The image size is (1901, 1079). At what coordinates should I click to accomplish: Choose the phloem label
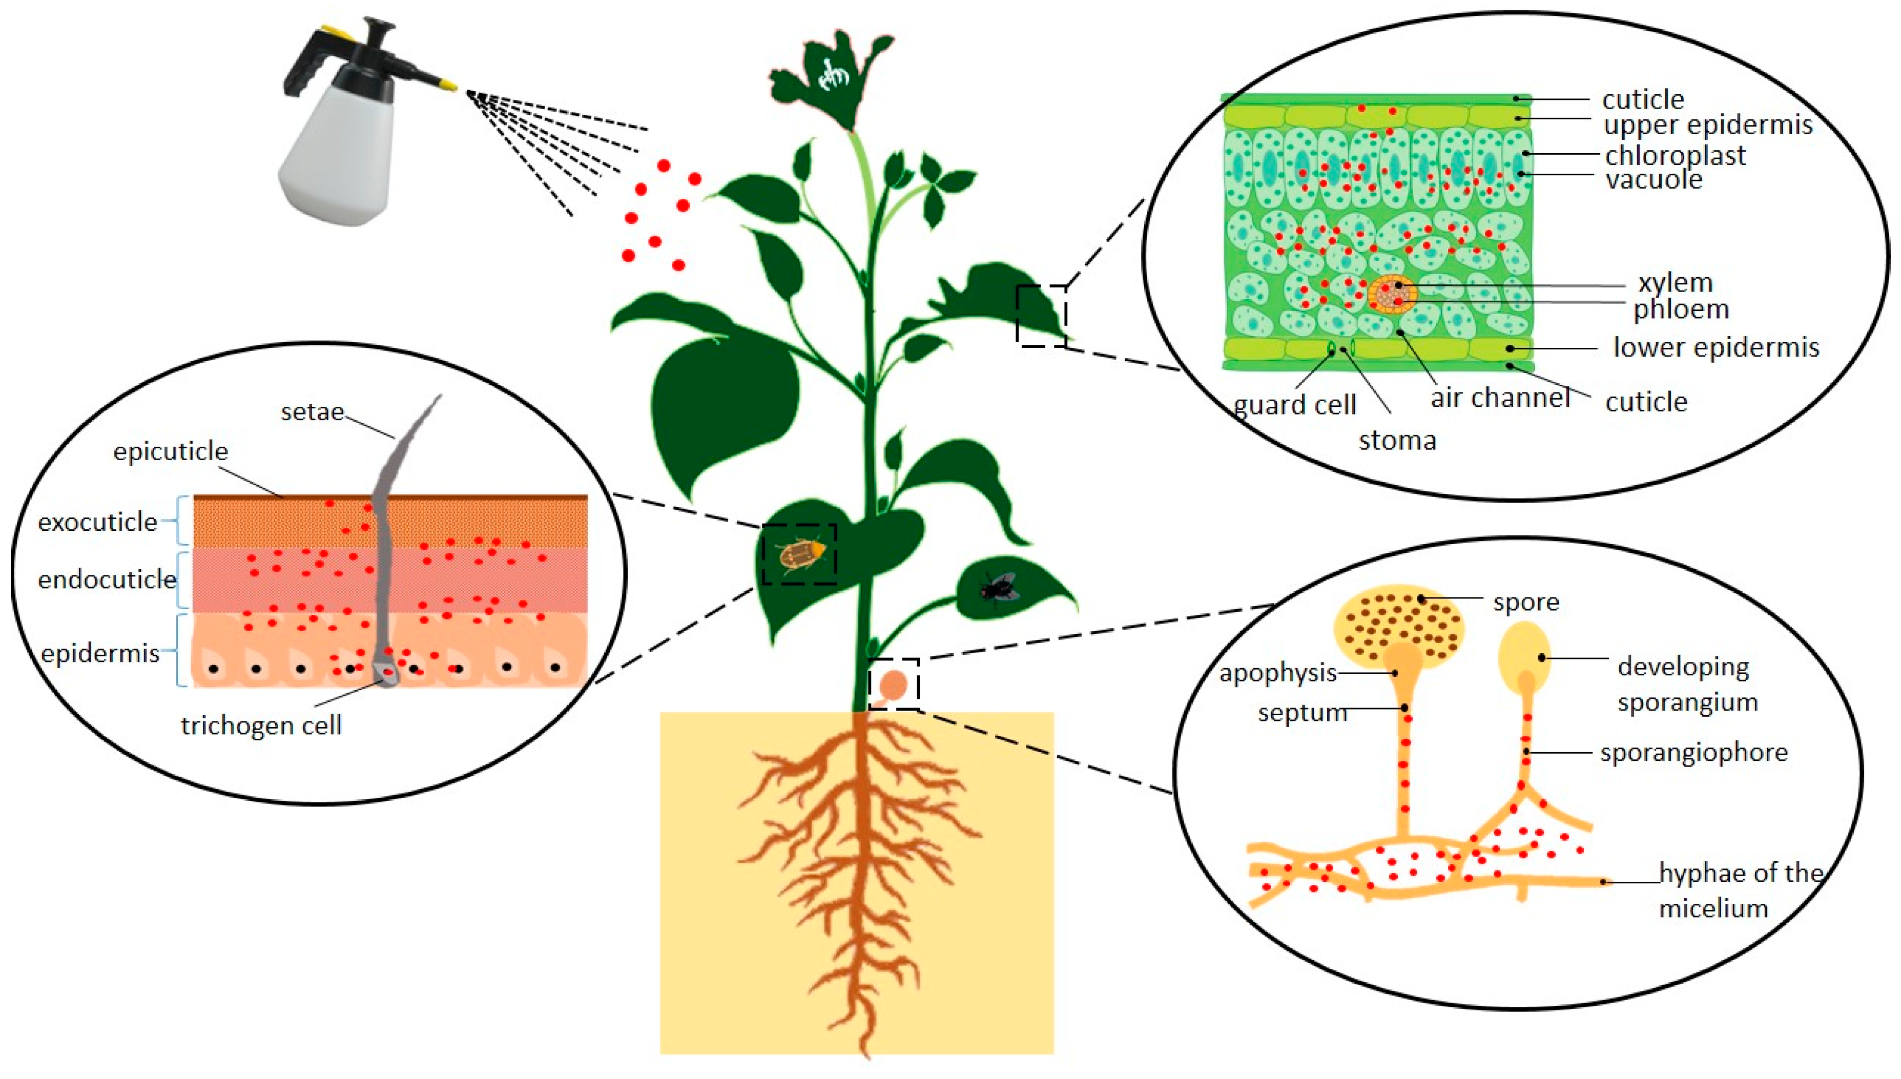(x=1681, y=309)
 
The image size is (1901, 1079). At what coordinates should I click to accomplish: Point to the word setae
(x=312, y=411)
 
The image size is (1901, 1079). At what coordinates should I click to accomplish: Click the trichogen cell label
(x=261, y=725)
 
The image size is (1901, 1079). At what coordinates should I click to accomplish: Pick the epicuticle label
(x=171, y=451)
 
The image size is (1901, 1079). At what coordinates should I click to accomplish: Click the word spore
(x=1526, y=601)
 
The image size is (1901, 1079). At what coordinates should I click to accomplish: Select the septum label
(x=1302, y=713)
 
